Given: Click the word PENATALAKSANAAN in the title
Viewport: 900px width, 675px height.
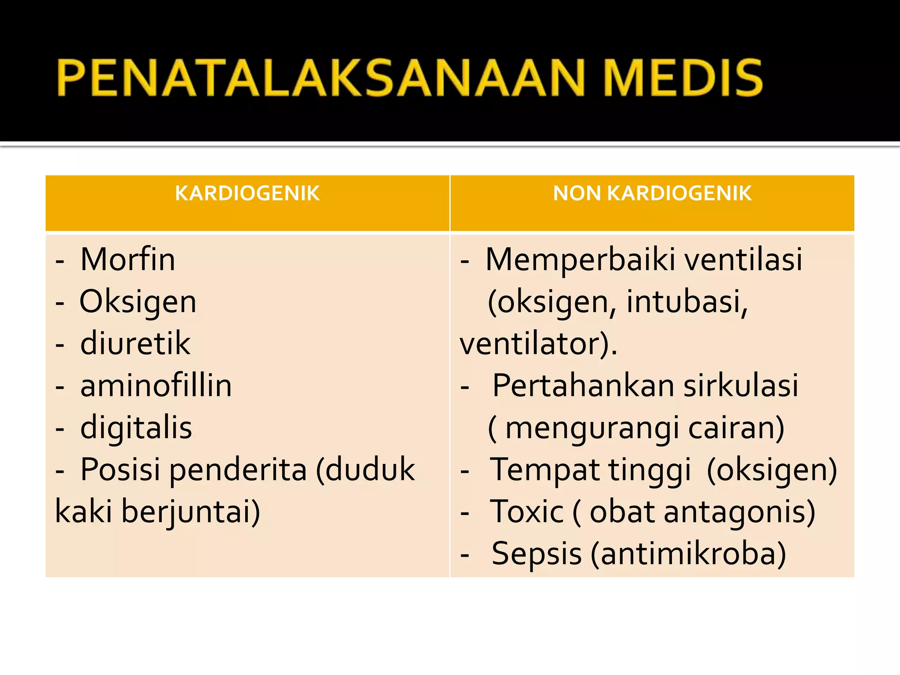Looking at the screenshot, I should [321, 78].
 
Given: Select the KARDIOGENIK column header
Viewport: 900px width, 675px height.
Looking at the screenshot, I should [247, 193].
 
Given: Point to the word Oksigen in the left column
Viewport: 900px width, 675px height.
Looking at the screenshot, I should [138, 302].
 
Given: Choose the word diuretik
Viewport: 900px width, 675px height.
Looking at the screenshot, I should [135, 343].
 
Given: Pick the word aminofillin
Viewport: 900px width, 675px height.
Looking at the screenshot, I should [156, 385].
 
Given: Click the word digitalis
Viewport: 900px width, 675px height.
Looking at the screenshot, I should [136, 428].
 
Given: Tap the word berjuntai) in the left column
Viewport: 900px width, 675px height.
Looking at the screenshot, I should [190, 512].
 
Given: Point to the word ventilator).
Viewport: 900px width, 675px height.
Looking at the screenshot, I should [538, 344].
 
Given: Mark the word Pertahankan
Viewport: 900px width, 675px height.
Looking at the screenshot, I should [583, 385].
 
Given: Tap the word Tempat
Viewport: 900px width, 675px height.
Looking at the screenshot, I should [545, 470].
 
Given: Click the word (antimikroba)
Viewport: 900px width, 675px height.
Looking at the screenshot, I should [688, 554].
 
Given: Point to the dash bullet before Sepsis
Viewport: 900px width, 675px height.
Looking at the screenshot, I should [465, 555].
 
